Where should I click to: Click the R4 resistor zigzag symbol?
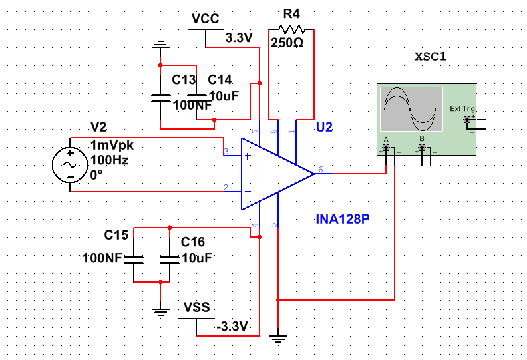pyautogui.click(x=291, y=29)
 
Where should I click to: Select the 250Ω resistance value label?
pyautogui.click(x=287, y=43)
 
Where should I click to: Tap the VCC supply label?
pyautogui.click(x=205, y=19)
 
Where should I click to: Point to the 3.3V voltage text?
pyautogui.click(x=239, y=37)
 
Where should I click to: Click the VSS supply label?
pyautogui.click(x=196, y=307)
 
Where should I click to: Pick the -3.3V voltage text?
pyautogui.click(x=232, y=327)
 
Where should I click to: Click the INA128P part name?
pyautogui.click(x=342, y=218)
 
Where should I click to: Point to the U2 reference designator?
pyautogui.click(x=324, y=127)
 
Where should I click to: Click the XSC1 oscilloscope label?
pyautogui.click(x=430, y=57)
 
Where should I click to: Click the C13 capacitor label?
pyautogui.click(x=184, y=80)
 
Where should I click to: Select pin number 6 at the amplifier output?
pyautogui.click(x=321, y=170)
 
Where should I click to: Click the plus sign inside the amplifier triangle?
pyautogui.click(x=248, y=156)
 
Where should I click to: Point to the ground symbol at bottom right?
pyautogui.click(x=278, y=339)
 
